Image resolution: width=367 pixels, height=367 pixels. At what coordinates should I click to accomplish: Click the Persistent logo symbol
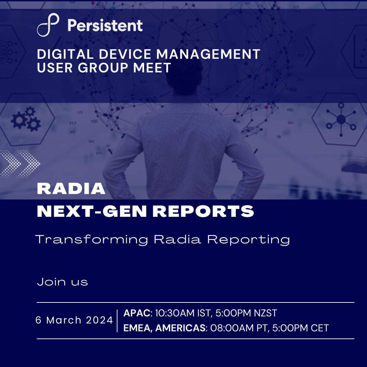tap(48, 25)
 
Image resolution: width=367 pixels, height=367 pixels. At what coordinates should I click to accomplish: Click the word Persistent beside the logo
tap(105, 25)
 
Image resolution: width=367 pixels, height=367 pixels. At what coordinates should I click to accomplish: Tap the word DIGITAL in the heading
tap(65, 54)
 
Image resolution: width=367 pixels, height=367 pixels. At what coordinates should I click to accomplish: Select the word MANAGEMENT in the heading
tap(208, 54)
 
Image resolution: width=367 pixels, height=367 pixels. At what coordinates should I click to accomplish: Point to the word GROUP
tap(103, 68)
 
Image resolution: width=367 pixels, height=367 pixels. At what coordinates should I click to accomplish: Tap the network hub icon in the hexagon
tap(341, 119)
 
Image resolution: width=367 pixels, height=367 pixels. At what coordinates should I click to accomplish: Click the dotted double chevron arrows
tap(20, 163)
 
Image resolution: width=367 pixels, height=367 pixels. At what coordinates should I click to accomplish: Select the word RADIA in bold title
tap(71, 188)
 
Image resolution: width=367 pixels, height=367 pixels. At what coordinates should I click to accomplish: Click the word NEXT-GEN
tap(92, 211)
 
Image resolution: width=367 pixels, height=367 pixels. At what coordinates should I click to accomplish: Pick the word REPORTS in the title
tap(203, 211)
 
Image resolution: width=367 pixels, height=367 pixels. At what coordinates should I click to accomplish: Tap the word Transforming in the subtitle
tap(91, 240)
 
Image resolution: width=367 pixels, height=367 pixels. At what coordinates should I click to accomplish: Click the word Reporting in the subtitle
tap(248, 240)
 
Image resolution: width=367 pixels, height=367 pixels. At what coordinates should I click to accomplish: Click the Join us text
tap(63, 282)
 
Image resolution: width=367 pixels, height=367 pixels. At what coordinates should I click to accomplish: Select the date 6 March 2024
tap(74, 320)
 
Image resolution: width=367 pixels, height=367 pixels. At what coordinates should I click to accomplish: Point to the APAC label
tap(137, 313)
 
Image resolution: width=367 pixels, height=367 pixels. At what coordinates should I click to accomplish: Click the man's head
tap(185, 76)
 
